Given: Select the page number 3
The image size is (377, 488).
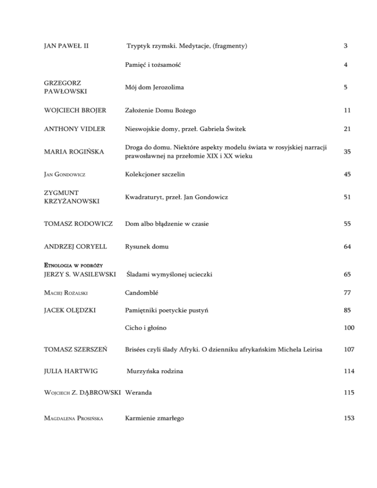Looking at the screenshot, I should point(346,46).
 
